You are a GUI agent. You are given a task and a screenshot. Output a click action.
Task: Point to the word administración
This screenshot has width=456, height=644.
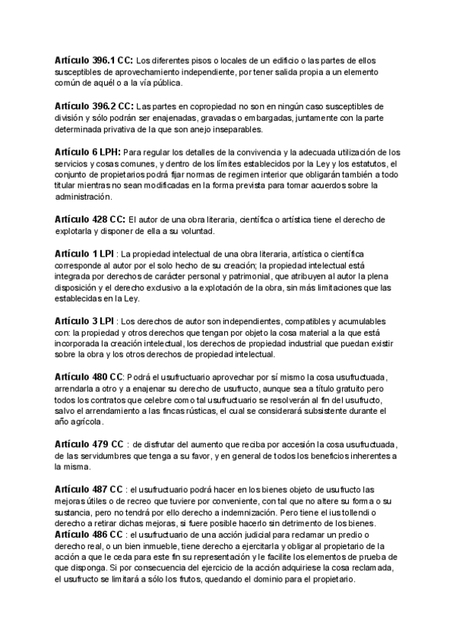tap(83, 197)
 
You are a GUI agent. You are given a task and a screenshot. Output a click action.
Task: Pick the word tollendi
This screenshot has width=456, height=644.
tap(364, 513)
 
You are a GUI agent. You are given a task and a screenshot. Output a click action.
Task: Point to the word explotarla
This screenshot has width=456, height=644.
tap(77, 231)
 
